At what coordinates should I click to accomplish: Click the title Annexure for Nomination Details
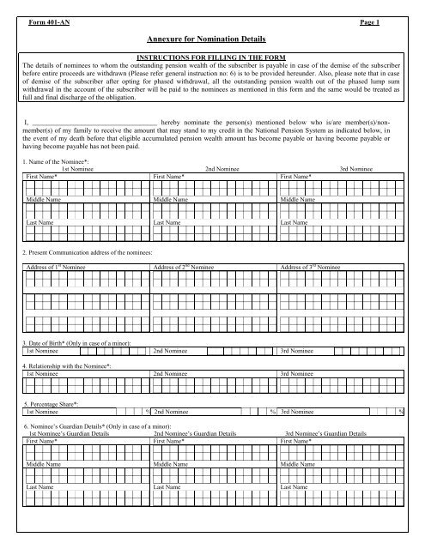pos(212,39)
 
